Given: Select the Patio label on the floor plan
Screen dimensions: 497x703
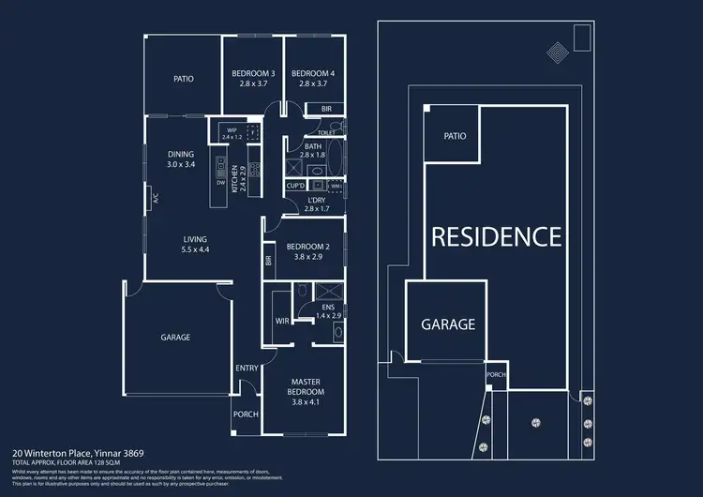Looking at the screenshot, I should tap(184, 79).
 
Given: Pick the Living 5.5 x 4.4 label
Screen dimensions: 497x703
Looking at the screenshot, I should tap(195, 244).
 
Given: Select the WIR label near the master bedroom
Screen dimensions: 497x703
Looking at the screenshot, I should tap(281, 321).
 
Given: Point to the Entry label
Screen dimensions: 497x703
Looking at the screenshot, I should tap(247, 368).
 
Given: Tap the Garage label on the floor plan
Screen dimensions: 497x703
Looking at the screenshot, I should tap(175, 337).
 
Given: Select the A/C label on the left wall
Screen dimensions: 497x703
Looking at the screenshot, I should tap(156, 198).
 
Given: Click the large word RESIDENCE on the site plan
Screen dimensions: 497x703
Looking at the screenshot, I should tap(496, 236).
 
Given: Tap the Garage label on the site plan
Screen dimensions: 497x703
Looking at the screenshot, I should tap(448, 325).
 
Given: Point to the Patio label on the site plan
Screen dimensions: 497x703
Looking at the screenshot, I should tap(455, 136).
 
